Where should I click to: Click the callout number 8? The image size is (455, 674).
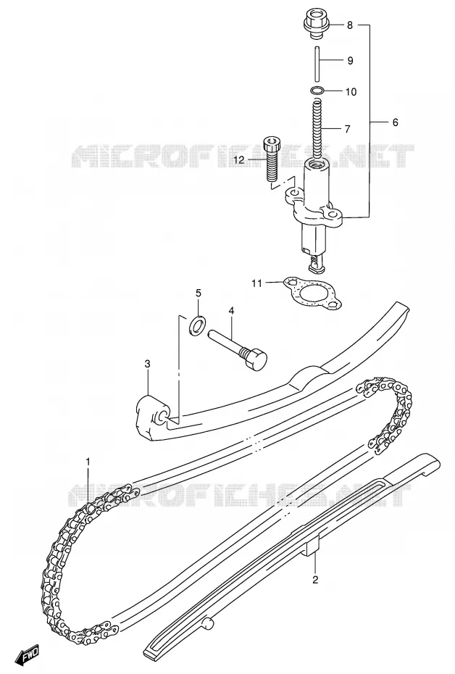350,25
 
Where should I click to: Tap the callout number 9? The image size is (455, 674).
350,61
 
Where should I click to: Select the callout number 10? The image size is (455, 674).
351,91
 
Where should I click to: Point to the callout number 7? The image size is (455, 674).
347,128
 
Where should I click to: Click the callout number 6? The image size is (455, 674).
395,122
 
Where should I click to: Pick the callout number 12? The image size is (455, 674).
239,160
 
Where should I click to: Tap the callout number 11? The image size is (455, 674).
256,283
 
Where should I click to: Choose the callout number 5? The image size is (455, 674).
199,294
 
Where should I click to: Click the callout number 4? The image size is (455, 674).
231,310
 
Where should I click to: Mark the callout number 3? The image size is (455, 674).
147,365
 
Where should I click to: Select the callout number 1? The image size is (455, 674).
88,462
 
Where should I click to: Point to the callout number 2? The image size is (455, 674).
315,581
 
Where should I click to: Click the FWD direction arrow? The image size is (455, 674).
27,655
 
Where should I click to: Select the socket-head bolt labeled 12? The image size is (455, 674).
272,159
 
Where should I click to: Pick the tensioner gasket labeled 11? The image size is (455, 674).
313,294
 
